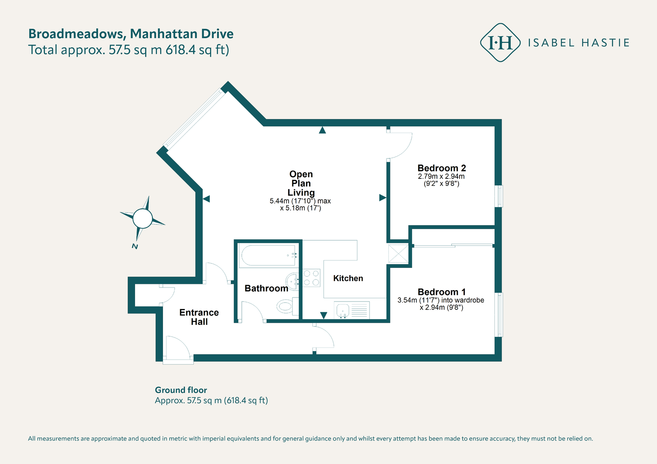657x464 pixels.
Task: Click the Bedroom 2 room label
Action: (441, 168)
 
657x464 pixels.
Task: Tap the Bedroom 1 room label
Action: (441, 292)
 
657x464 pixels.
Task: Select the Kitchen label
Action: (348, 279)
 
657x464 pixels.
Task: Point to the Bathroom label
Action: (266, 288)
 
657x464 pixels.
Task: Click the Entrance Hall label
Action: (199, 317)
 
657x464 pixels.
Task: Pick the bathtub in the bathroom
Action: (268, 255)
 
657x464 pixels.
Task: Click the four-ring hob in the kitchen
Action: (311, 278)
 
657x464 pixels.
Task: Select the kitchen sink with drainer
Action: (352, 310)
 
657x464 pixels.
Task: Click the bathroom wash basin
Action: (293, 281)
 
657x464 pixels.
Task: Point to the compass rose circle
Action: (142, 218)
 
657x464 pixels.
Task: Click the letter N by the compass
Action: (135, 247)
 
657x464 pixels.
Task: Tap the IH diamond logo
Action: (500, 43)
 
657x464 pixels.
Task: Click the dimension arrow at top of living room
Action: (322, 130)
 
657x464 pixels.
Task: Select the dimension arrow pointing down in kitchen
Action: (324, 315)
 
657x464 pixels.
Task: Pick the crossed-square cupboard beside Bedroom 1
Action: (398, 254)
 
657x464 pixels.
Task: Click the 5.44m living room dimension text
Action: (300, 201)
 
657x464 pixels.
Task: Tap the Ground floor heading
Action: (181, 390)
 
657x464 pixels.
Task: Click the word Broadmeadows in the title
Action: (77, 34)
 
